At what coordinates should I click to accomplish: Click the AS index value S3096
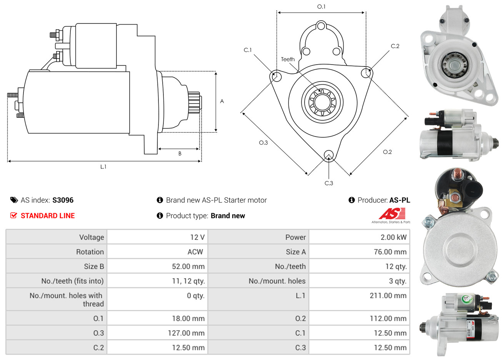click(63, 200)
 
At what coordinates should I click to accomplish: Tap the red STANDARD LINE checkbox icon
click(13, 215)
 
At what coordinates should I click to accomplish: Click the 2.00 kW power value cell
click(393, 237)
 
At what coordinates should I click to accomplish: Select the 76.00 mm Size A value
click(390, 252)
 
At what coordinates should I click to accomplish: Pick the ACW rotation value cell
click(195, 252)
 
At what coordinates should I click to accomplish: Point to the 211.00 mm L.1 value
click(388, 296)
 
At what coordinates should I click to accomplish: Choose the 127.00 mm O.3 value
click(186, 333)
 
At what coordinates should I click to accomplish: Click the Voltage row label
click(92, 237)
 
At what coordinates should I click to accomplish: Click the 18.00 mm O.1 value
click(188, 318)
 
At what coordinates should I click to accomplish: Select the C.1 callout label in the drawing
click(248, 50)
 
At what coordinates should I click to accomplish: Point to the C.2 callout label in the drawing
click(395, 46)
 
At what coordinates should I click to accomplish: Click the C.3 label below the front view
click(329, 183)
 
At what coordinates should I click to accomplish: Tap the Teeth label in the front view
click(288, 59)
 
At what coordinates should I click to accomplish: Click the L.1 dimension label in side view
click(103, 167)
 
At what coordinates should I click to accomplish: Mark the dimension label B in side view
click(180, 153)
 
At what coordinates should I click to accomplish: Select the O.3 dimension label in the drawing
click(263, 143)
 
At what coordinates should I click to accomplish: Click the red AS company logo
click(392, 214)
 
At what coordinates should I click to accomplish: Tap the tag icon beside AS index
click(14, 200)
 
